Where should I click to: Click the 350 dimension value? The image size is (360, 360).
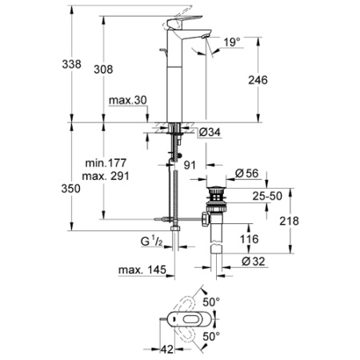click(x=72, y=190)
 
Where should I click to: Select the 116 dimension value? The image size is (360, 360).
click(x=250, y=238)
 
